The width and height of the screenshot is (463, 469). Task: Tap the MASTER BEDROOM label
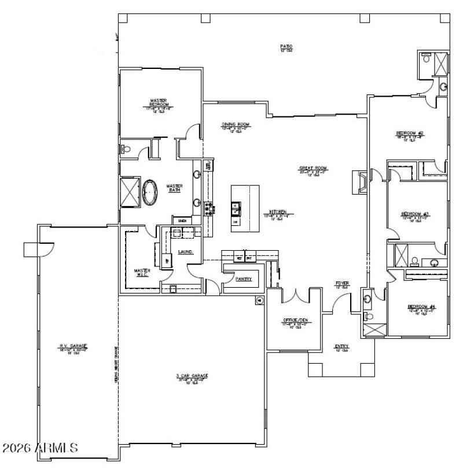tap(159, 104)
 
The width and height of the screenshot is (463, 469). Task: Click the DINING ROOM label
tap(236, 124)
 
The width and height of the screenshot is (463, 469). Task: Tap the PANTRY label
tap(244, 279)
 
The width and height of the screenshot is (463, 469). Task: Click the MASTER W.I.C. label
tap(142, 272)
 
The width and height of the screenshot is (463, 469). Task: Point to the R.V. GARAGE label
tap(72, 346)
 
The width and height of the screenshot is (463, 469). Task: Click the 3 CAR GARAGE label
tap(192, 376)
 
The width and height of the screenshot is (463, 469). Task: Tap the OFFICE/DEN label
tap(294, 320)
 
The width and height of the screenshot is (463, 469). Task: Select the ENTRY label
tap(341, 347)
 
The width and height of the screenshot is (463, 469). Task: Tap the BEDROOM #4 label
tap(421, 307)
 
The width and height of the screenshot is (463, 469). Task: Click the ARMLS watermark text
tap(41, 448)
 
